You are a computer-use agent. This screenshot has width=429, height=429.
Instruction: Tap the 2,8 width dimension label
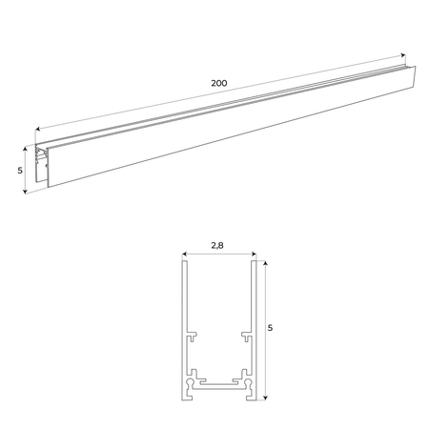tap(218, 246)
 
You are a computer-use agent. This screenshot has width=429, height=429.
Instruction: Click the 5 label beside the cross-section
tap(271, 329)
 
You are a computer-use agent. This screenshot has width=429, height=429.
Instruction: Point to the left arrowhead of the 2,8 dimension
tap(182, 255)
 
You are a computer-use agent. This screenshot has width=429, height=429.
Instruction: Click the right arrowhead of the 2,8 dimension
tap(255, 255)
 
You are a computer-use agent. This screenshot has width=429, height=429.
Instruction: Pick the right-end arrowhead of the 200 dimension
tap(403, 57)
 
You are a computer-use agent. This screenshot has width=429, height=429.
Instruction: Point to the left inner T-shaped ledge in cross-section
tap(193, 336)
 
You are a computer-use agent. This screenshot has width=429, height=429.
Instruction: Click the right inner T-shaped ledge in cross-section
tap(245, 336)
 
